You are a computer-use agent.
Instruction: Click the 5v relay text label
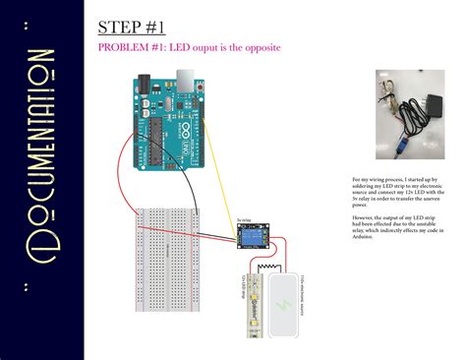point(245,220)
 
